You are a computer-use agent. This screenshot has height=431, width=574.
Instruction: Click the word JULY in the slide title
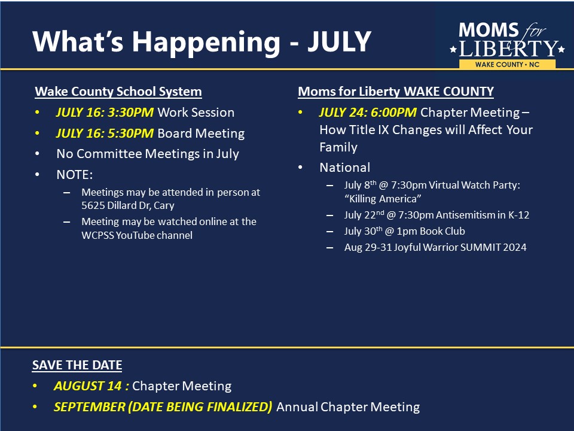tap(340, 42)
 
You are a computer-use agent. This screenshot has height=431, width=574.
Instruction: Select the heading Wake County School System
tap(118, 92)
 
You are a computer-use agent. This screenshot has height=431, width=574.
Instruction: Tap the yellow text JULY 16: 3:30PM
tap(105, 113)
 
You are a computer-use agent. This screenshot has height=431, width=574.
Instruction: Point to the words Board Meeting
tap(201, 133)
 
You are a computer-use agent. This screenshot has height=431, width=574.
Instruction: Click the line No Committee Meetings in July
tap(148, 154)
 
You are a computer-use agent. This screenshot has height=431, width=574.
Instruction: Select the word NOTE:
tap(75, 175)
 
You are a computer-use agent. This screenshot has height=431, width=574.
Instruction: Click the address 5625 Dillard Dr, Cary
tap(128, 205)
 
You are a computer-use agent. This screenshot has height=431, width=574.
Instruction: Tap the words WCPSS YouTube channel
tap(137, 235)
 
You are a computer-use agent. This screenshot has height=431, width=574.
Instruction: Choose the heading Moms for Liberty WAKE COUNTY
tap(396, 92)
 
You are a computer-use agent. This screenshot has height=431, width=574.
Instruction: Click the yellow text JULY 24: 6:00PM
tap(368, 113)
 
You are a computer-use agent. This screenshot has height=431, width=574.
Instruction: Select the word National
tap(345, 168)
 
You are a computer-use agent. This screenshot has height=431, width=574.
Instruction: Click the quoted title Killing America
tap(383, 199)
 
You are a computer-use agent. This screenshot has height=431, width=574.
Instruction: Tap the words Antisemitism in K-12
tap(483, 215)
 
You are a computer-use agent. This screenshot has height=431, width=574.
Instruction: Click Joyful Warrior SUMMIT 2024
tap(460, 247)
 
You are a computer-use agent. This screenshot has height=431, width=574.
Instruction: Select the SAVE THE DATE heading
tap(77, 365)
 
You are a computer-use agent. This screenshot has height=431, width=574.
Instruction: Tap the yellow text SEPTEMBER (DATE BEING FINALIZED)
tap(163, 407)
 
